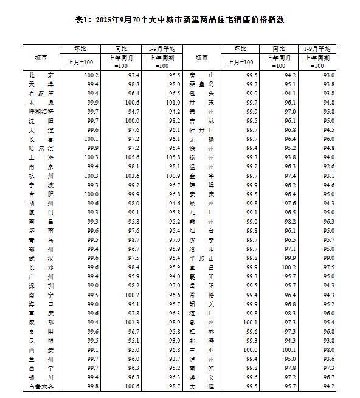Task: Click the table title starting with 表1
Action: pyautogui.click(x=179, y=19)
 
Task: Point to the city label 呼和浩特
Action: pyautogui.click(x=41, y=111)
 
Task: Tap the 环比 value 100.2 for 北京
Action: pyautogui.click(x=91, y=75)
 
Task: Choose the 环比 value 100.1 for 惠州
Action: pyautogui.click(x=251, y=321)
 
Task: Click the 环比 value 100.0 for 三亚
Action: pyautogui.click(x=251, y=349)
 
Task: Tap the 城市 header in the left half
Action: pyautogui.click(x=41, y=57)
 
